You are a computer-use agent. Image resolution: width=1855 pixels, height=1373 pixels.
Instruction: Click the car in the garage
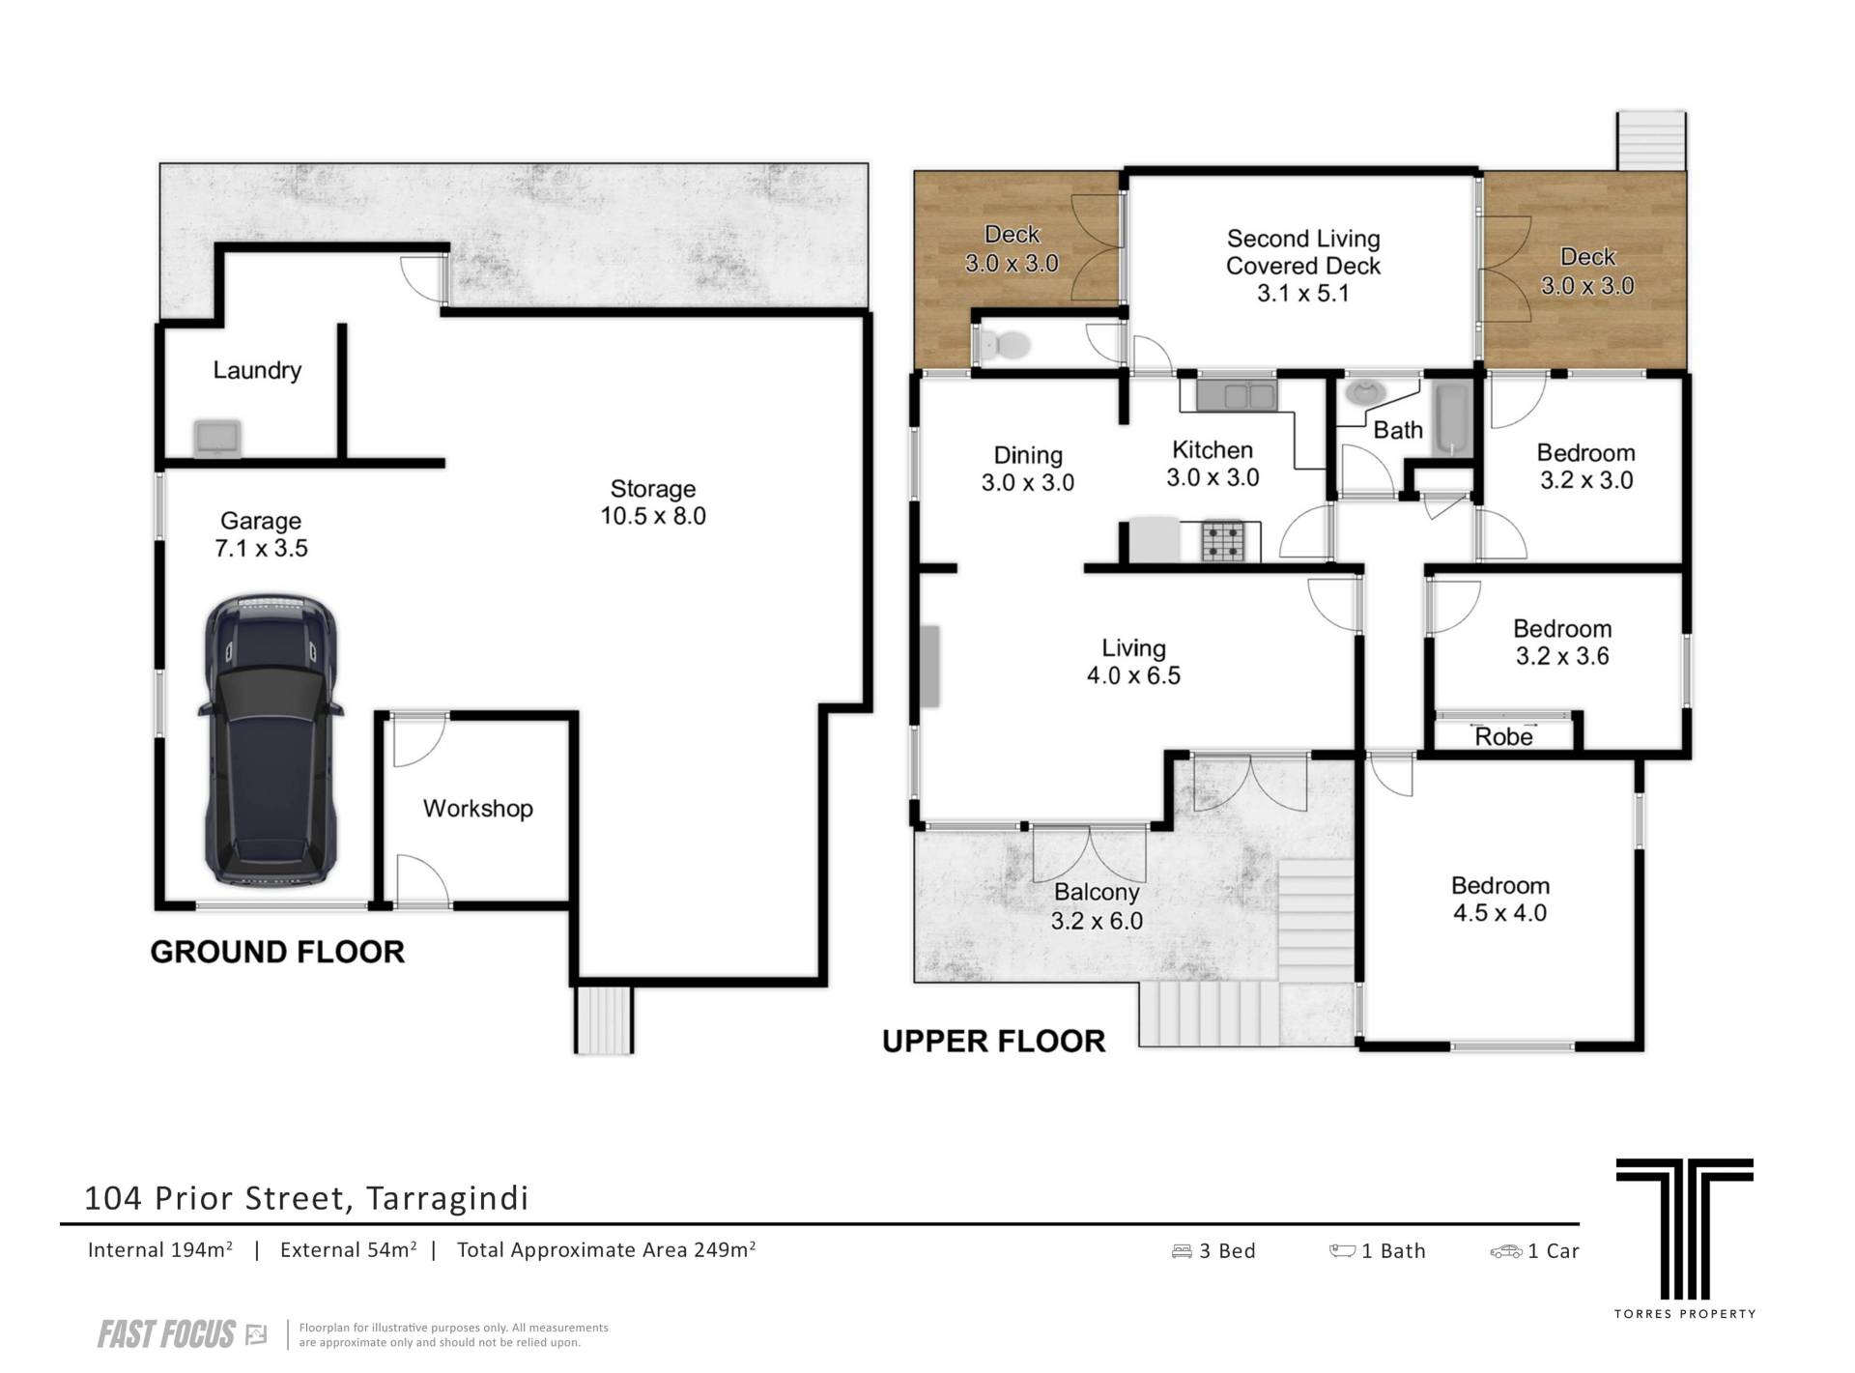tap(271, 740)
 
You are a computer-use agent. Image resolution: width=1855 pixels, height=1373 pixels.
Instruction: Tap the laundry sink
tap(217, 438)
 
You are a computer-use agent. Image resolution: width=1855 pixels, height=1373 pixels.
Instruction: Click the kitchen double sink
tap(1237, 395)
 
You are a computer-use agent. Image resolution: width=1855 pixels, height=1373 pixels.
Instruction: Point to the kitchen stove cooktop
tap(1231, 541)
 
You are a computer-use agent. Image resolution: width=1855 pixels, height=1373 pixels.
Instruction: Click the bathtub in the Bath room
tap(1452, 419)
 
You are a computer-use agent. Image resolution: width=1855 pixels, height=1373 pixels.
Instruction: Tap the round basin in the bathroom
tap(1365, 392)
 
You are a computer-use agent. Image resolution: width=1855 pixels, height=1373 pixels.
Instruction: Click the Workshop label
tap(478, 809)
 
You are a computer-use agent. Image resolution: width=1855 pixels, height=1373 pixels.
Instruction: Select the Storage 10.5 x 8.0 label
tap(653, 502)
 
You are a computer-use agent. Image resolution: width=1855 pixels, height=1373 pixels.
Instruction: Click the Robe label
tap(1503, 737)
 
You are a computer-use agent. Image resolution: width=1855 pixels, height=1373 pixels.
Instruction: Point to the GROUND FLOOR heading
tap(277, 952)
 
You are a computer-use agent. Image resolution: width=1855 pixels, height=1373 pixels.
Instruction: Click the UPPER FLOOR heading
tap(993, 1041)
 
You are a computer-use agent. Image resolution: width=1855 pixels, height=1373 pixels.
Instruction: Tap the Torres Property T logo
tap(1684, 1229)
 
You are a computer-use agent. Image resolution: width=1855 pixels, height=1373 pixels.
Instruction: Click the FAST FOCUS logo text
tap(166, 1334)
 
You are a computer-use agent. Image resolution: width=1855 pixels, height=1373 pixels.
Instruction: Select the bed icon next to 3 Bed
tap(1182, 1251)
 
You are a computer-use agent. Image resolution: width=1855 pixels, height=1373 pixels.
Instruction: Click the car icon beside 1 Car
tap(1505, 1251)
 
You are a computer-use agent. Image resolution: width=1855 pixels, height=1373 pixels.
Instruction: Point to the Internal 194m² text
tap(160, 1250)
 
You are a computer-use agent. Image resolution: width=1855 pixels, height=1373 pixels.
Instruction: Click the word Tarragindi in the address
tap(448, 1198)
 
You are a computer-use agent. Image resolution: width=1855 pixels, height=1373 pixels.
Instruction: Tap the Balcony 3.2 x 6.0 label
tap(1097, 907)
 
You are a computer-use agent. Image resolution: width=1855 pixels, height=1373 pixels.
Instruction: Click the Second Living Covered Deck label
tap(1303, 266)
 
